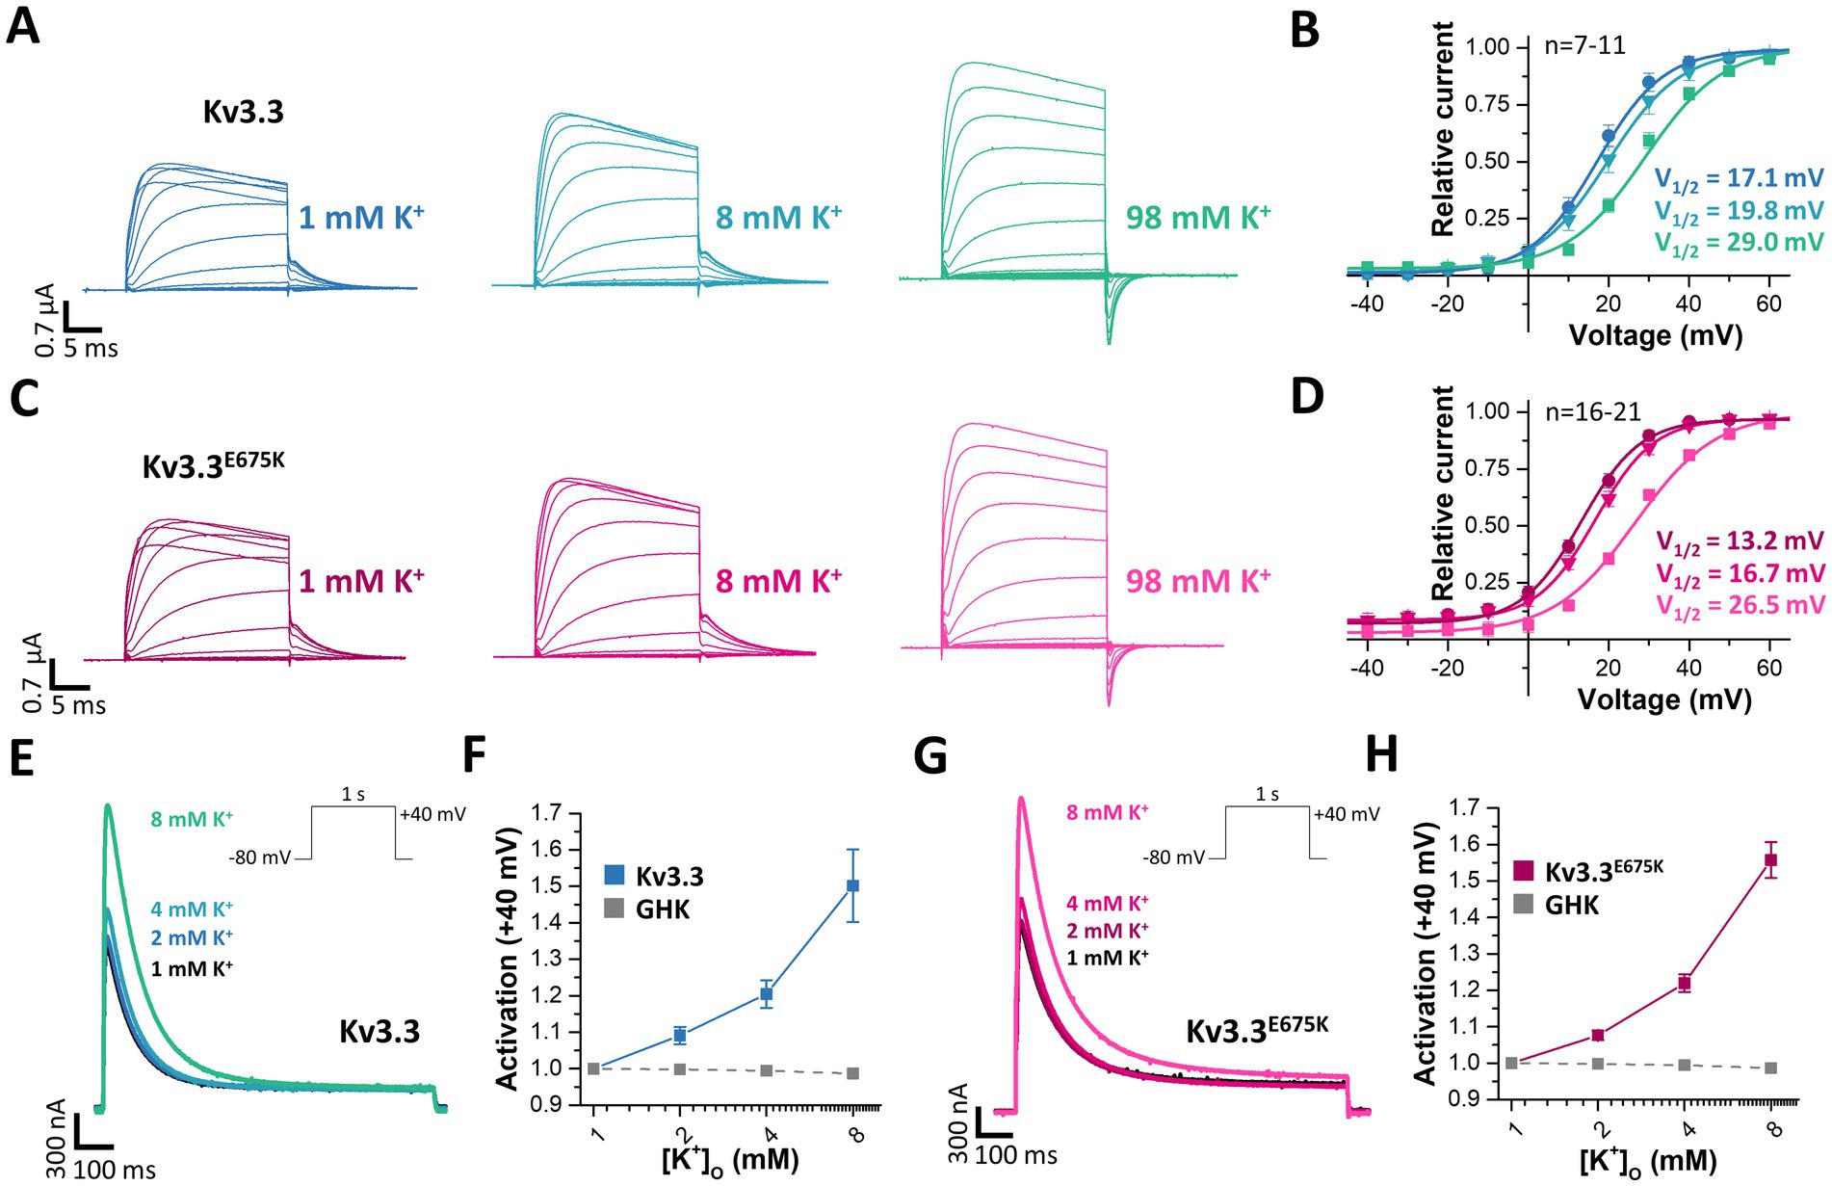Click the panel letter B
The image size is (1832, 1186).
click(1304, 30)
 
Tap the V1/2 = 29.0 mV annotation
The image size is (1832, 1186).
click(1739, 243)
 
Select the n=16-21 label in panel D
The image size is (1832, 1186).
click(1592, 412)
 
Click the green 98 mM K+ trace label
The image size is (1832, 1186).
click(1197, 218)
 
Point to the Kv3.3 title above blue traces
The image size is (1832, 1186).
click(243, 112)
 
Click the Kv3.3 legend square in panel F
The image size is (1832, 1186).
click(615, 876)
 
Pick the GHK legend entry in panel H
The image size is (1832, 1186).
click(1557, 906)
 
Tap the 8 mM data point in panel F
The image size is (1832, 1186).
click(852, 885)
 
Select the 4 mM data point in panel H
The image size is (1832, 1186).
click(1685, 984)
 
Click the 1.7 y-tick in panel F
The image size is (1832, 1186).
click(547, 813)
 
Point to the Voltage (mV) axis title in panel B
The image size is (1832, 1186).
click(1655, 335)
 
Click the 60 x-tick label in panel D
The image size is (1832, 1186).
click(1769, 668)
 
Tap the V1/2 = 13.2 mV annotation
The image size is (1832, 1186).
click(1740, 541)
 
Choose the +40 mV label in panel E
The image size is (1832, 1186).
click(433, 814)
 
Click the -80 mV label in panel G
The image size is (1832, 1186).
click(1173, 857)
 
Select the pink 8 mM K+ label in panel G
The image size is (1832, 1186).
click(1107, 812)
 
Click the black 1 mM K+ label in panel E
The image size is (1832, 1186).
click(192, 968)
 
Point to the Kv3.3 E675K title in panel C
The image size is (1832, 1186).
click(213, 464)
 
